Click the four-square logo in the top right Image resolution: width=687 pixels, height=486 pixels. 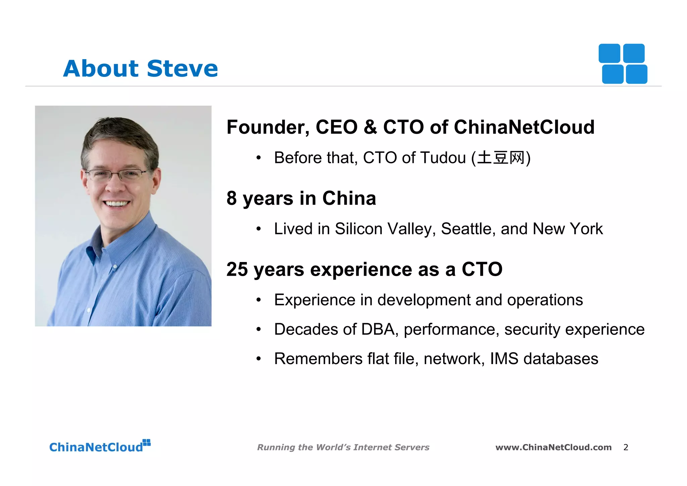(x=623, y=64)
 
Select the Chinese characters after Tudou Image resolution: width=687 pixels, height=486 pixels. (x=501, y=158)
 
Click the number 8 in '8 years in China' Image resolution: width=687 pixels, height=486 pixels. (x=231, y=198)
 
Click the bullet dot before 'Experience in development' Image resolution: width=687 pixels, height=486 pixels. (x=258, y=300)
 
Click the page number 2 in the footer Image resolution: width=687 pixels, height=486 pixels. (x=626, y=447)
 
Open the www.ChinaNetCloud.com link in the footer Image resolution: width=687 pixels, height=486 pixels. (x=553, y=447)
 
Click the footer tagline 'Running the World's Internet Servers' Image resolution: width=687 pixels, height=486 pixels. (x=343, y=447)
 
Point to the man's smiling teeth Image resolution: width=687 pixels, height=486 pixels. (x=116, y=204)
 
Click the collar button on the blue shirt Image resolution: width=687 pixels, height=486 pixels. (x=115, y=267)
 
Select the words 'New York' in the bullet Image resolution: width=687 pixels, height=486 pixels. (x=568, y=229)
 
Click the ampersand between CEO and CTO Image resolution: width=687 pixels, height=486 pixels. (x=370, y=128)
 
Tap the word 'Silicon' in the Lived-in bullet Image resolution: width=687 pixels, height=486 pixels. (x=359, y=229)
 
